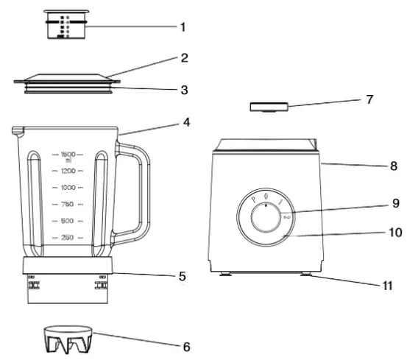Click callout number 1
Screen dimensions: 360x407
[183, 27]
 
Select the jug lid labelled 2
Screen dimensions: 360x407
[65, 79]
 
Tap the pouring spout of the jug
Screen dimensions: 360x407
[17, 130]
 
